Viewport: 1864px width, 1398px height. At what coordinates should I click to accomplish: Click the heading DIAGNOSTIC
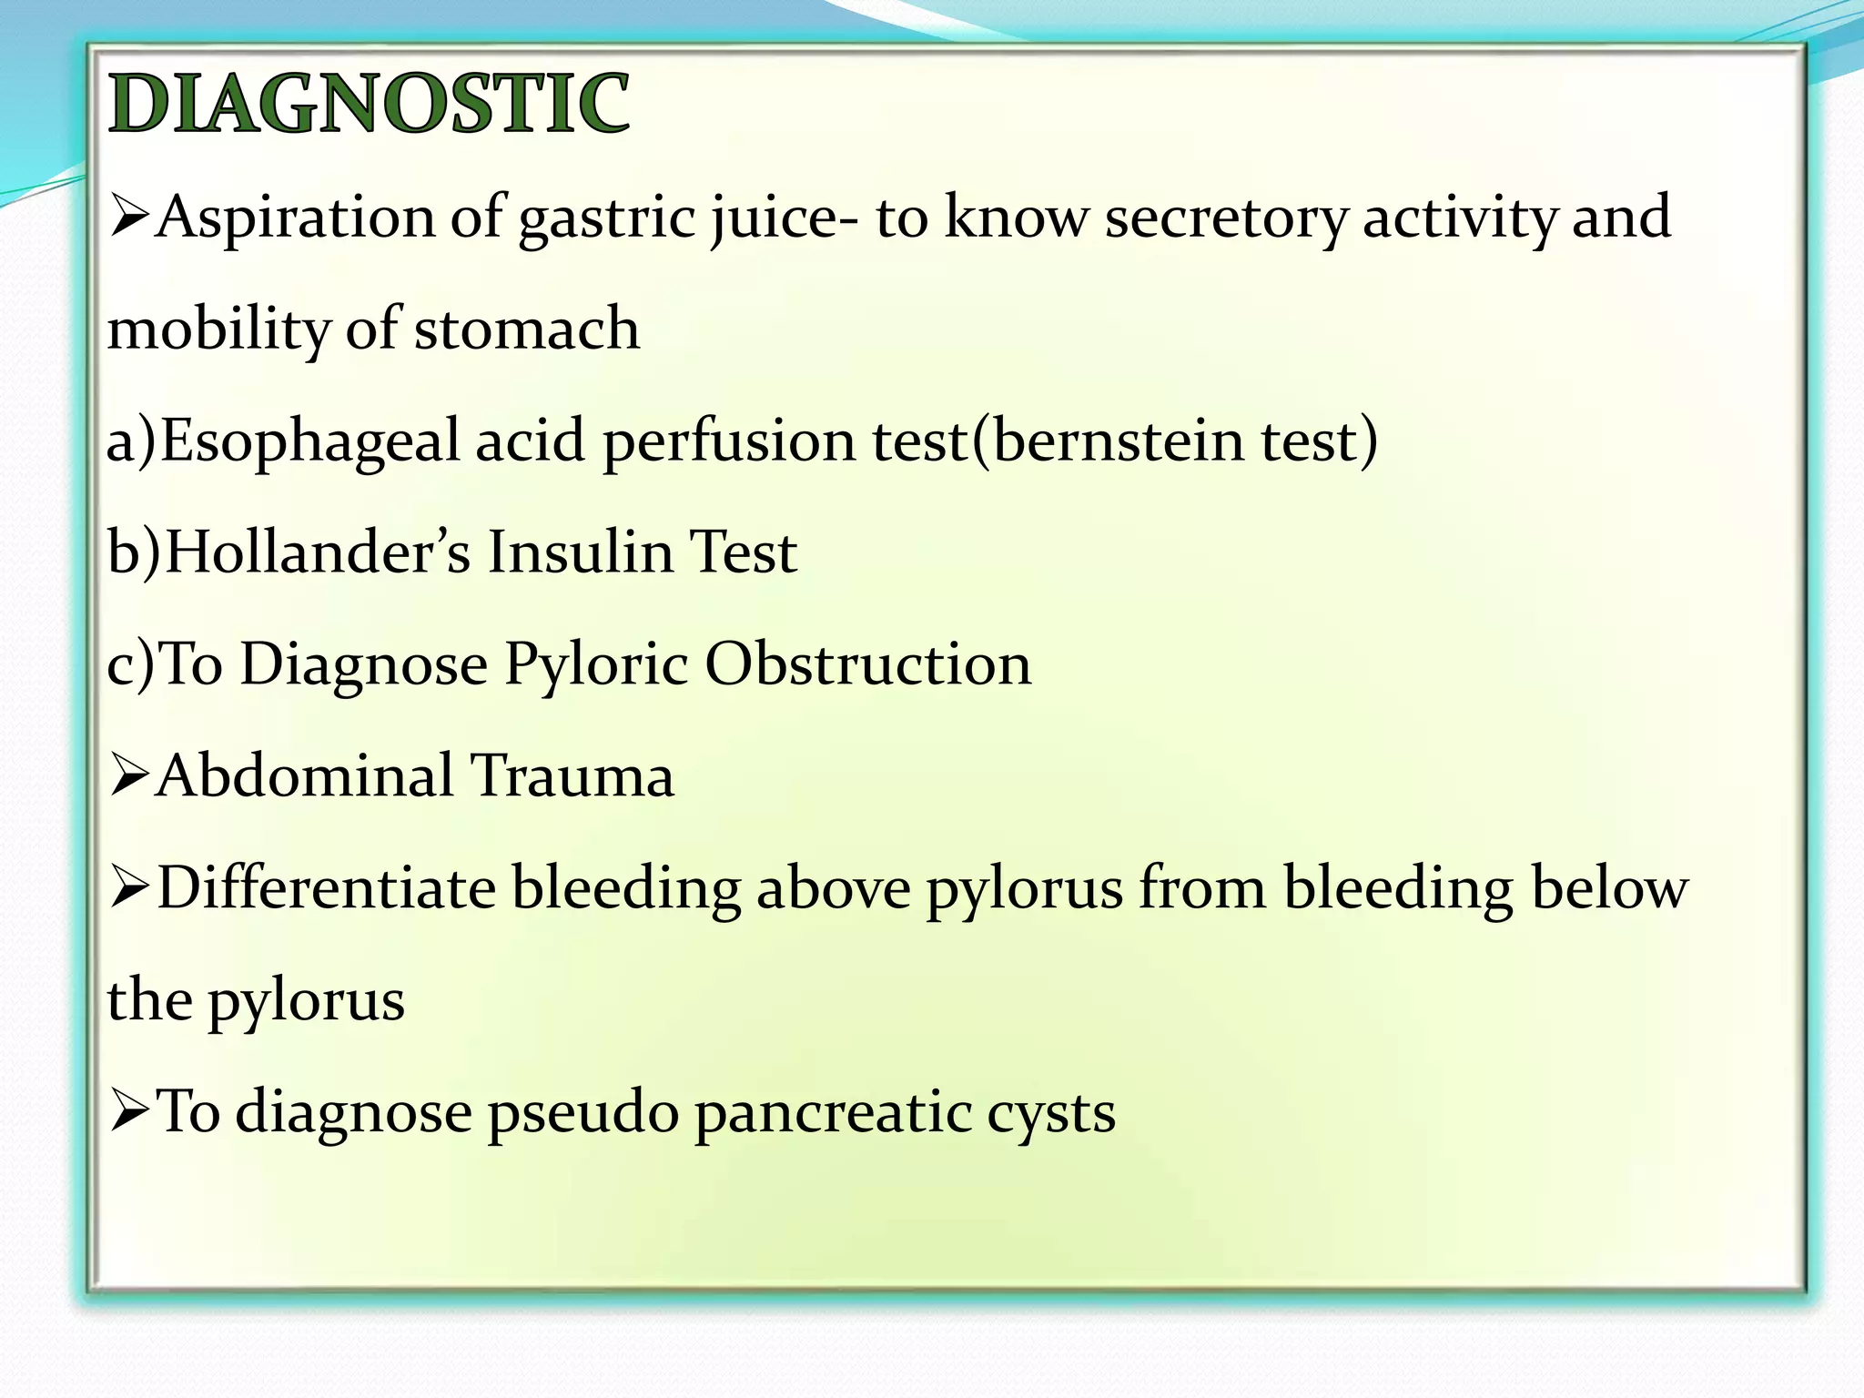tap(369, 104)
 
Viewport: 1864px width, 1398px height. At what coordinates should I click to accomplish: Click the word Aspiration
tap(296, 219)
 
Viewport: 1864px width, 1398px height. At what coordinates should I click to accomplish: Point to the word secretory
tap(1225, 219)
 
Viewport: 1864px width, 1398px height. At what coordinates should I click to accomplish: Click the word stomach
tap(527, 329)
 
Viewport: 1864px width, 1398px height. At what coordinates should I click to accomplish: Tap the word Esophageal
tap(310, 441)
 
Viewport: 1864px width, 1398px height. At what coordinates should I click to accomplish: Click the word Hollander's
tap(319, 552)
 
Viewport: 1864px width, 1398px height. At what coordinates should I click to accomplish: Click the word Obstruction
tap(868, 664)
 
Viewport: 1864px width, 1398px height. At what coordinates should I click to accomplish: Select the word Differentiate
tap(327, 888)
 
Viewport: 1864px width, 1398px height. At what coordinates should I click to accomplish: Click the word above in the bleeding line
tap(834, 888)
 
